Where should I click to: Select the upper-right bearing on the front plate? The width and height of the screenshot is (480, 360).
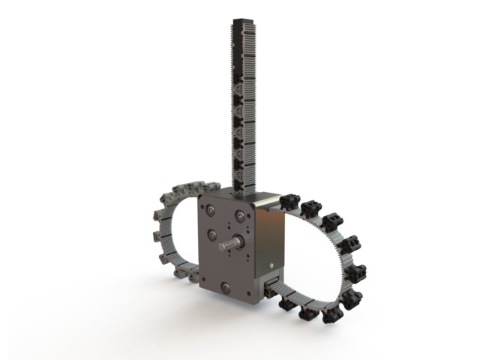pos(240,216)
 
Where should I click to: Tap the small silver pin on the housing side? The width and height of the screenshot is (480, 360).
pos(268,265)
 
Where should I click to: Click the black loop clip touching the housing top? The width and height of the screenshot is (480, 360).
pos(289,202)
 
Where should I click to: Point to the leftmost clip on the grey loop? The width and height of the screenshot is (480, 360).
pos(157,238)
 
